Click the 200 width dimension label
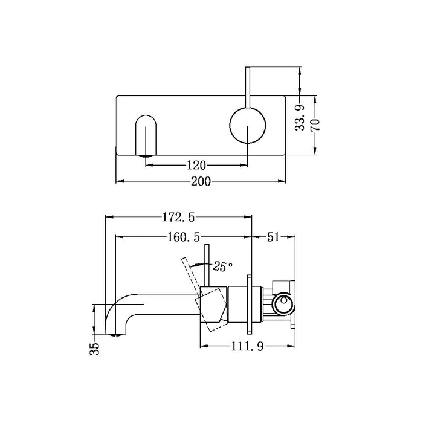pyautogui.click(x=201, y=181)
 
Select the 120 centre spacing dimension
pyautogui.click(x=197, y=164)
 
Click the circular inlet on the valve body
pyautogui.click(x=281, y=305)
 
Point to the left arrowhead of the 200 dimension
pyautogui.click(x=118, y=181)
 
